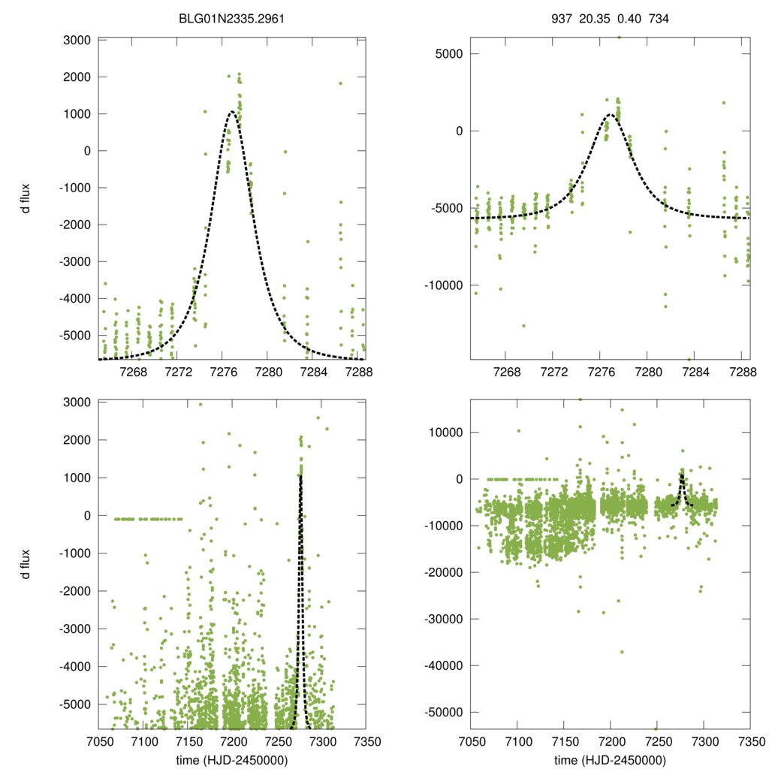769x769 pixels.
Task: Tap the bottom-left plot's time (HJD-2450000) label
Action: point(231,759)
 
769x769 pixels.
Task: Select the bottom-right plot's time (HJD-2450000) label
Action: point(610,759)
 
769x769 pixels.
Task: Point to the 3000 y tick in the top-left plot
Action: point(78,40)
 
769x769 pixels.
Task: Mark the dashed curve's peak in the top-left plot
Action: point(232,112)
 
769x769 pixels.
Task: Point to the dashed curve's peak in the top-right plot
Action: point(610,115)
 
